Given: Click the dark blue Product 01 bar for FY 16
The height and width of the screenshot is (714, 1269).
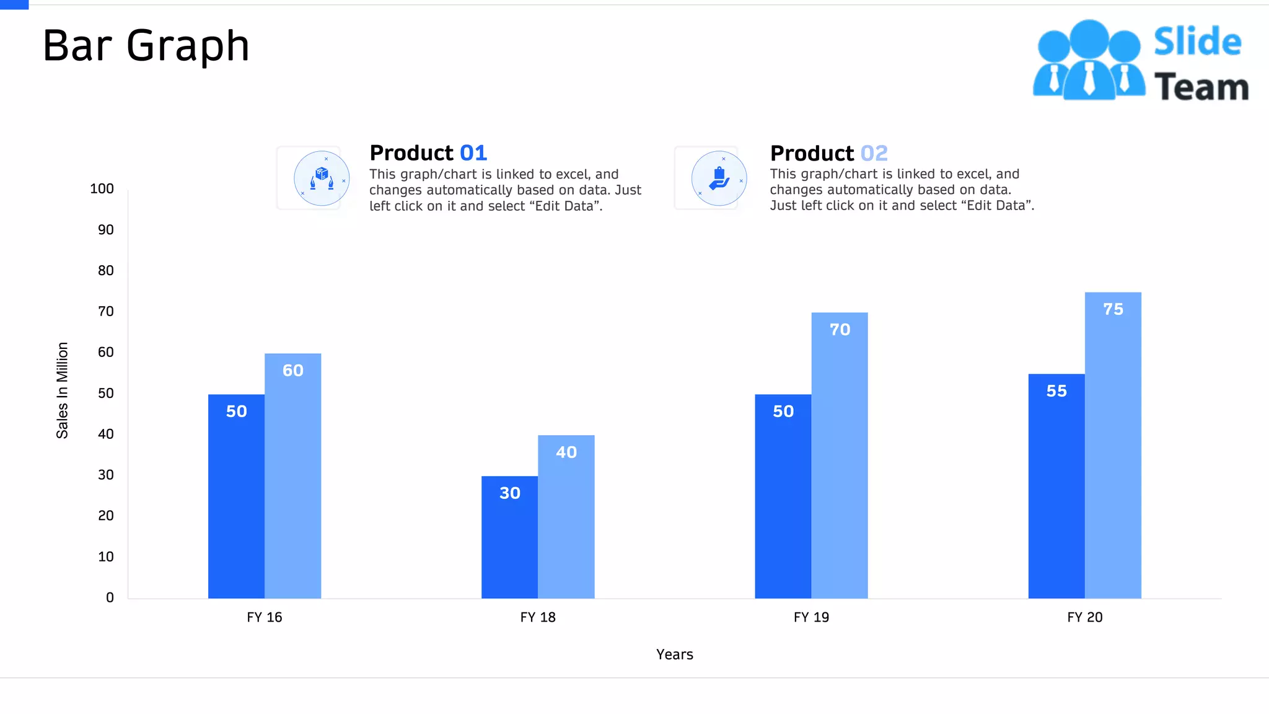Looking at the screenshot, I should click(x=236, y=496).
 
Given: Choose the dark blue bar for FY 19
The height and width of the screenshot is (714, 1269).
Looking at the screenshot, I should click(x=783, y=496).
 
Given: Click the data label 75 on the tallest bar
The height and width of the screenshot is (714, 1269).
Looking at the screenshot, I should click(x=1113, y=309).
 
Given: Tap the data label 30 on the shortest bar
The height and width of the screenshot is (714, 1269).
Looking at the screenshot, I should click(x=509, y=493).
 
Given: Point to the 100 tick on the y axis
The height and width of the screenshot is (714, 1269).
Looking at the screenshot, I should click(x=102, y=189).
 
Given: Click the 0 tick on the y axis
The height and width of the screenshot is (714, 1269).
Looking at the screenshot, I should click(x=110, y=597).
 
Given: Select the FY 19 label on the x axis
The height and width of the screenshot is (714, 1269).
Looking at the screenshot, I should click(x=811, y=617).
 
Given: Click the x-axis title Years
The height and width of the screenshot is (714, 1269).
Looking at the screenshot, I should click(x=674, y=654).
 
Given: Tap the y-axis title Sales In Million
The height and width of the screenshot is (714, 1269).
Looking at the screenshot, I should click(x=62, y=390).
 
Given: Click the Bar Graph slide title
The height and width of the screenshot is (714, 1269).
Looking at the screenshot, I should click(x=146, y=46).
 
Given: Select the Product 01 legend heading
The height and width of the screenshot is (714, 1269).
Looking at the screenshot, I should click(x=428, y=153).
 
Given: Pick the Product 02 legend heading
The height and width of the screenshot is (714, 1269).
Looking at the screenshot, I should click(x=828, y=153).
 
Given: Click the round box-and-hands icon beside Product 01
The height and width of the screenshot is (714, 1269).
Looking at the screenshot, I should click(x=321, y=178).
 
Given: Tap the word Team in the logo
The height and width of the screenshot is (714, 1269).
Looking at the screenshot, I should click(x=1201, y=87).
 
